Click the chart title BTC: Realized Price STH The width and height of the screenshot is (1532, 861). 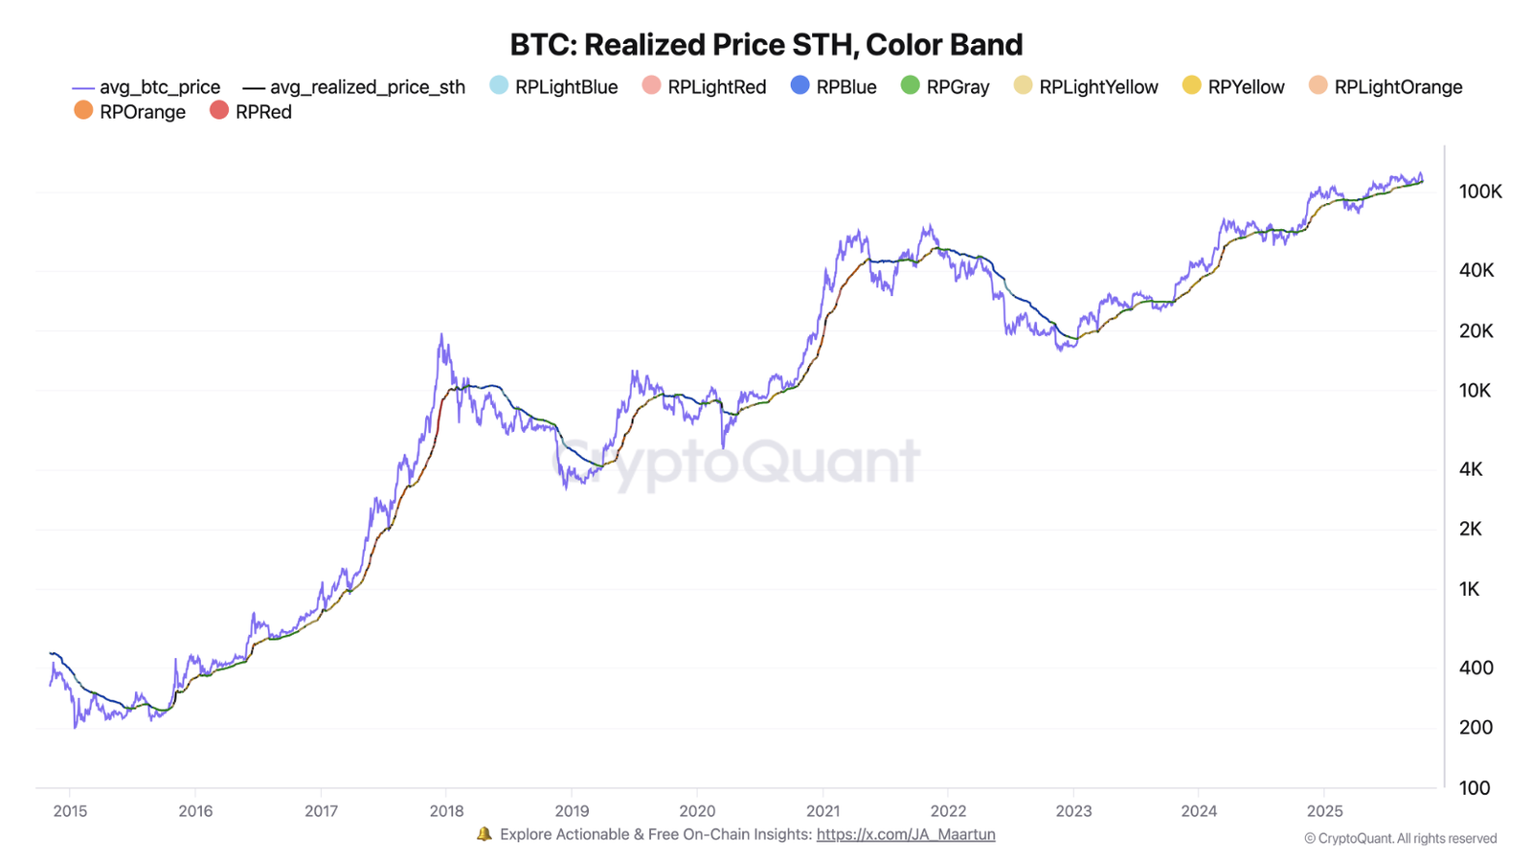765,44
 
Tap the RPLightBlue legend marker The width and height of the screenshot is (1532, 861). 499,85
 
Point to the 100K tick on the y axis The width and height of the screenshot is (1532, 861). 1480,192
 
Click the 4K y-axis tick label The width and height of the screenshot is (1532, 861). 1471,469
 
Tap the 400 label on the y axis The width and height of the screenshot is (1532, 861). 1476,668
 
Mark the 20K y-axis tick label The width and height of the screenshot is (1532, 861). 1476,330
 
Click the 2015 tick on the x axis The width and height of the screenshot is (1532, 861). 70,811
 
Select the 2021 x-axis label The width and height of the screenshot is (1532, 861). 822,811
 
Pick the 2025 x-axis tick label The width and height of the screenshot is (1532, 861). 1324,811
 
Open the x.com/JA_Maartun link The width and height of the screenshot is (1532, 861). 905,834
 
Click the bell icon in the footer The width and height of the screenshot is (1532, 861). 484,834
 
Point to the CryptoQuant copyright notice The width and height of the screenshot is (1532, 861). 1400,838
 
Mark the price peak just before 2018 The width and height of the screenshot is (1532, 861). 441,335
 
